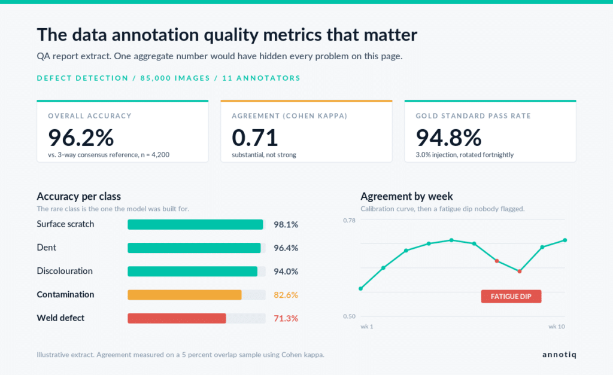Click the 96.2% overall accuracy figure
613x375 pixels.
pos(81,138)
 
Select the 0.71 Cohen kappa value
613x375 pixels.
pos(254,138)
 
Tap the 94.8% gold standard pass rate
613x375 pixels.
pos(448,138)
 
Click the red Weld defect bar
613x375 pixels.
pos(177,318)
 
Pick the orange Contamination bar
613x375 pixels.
pos(184,295)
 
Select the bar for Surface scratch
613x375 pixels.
pos(195,225)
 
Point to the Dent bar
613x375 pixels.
pos(194,248)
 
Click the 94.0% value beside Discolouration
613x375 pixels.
pos(286,272)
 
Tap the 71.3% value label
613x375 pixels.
pos(286,318)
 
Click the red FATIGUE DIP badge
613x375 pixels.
pos(511,297)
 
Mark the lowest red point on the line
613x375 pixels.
pos(520,271)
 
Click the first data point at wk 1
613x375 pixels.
pos(360,289)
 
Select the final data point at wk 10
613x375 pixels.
pos(565,240)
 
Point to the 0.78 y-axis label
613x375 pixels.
pos(349,220)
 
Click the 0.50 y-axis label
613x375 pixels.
pos(349,316)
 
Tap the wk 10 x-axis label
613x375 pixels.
pos(556,327)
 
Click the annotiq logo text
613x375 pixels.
pos(559,355)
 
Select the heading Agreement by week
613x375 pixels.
pos(406,196)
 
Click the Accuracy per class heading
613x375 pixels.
pos(78,196)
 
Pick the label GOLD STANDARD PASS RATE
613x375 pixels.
pos(473,116)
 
